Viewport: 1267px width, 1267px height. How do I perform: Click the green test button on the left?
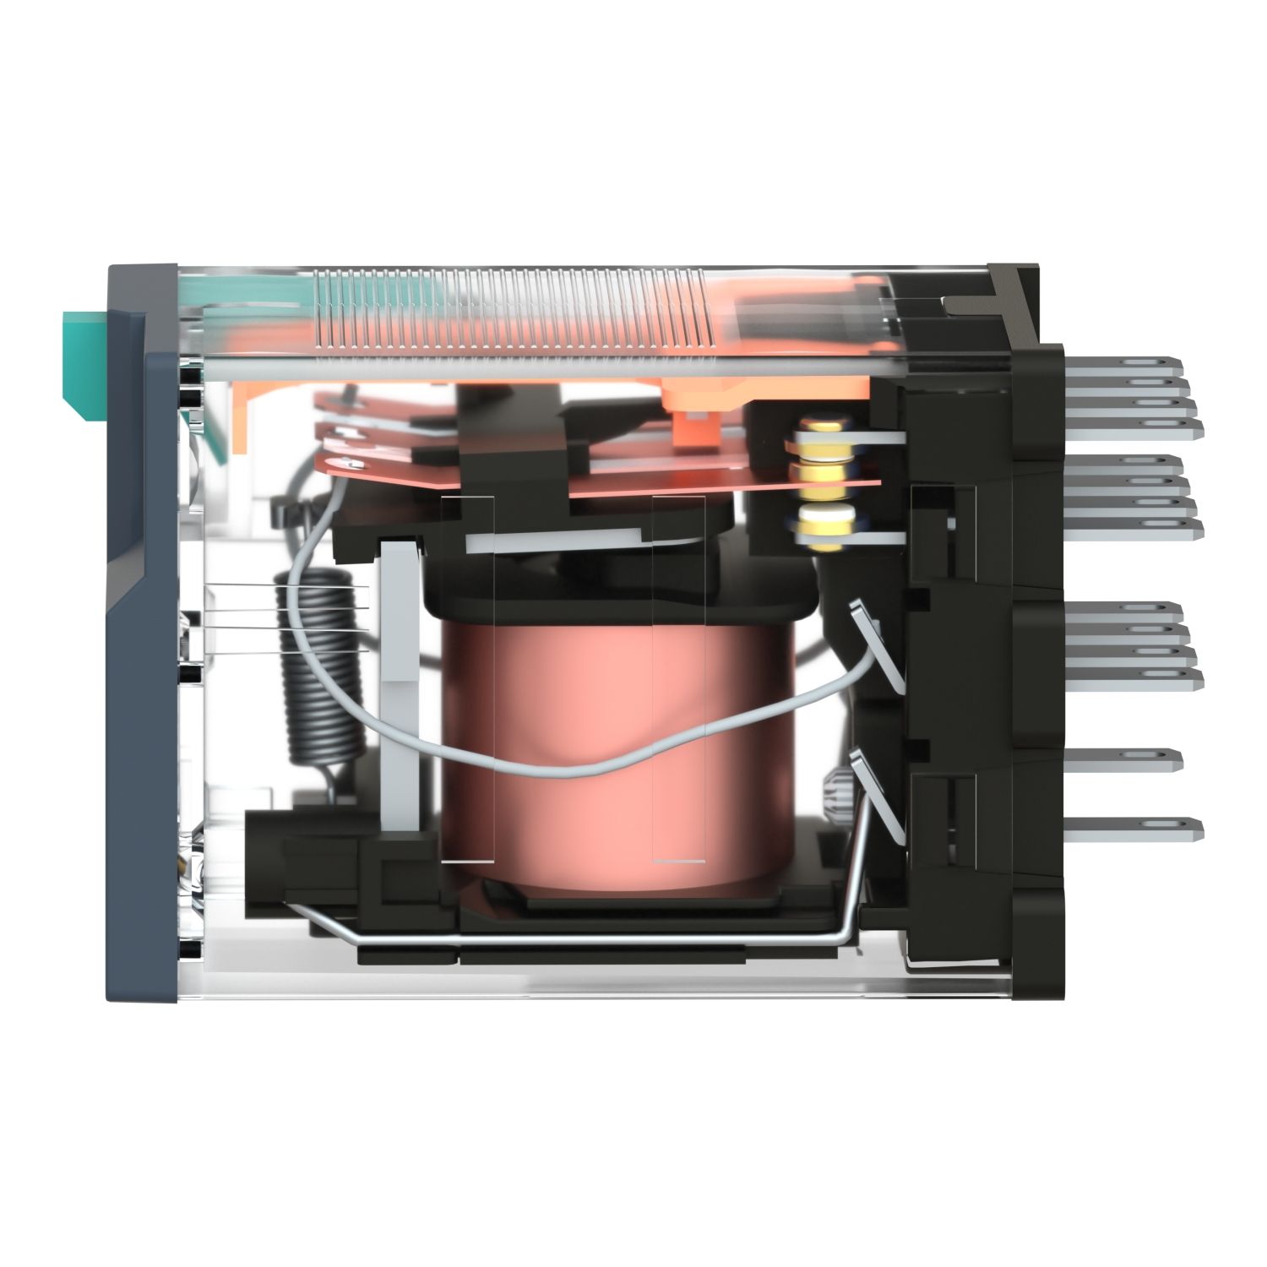coord(81,363)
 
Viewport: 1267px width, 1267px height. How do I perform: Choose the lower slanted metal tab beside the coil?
coord(878,794)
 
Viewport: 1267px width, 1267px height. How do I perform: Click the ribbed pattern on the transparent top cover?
coord(507,308)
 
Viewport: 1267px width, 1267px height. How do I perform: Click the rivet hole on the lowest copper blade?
coord(344,461)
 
